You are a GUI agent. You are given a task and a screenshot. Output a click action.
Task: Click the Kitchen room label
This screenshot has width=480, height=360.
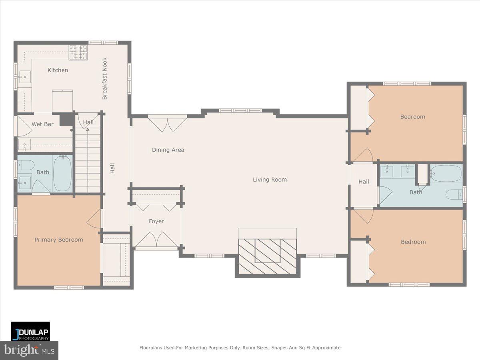[x=58, y=70]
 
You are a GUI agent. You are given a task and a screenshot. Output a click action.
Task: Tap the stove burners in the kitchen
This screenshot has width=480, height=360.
[x=78, y=52]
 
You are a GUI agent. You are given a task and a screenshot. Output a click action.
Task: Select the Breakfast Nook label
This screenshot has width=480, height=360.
[x=105, y=79]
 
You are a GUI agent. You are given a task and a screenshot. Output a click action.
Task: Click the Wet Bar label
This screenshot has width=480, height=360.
[x=42, y=124]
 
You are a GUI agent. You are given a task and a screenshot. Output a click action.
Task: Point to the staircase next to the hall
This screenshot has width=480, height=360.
[x=88, y=160]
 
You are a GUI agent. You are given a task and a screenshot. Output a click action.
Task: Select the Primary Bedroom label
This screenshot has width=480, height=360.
[x=58, y=240]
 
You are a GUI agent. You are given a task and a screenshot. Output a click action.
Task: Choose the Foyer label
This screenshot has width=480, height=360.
[x=156, y=221]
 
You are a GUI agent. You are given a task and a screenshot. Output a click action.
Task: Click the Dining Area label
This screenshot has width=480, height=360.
[x=168, y=150]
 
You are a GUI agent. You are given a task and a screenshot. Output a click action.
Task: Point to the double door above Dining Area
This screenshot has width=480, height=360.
[x=168, y=124]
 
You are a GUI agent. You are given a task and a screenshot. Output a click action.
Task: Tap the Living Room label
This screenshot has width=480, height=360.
[x=270, y=180]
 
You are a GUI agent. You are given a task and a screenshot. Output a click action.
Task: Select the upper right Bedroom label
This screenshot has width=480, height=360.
[x=412, y=117]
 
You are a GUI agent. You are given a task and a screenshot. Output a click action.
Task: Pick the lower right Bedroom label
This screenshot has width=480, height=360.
[x=413, y=242]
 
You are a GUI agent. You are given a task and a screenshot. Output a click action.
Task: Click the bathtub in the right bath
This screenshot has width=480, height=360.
[x=446, y=174]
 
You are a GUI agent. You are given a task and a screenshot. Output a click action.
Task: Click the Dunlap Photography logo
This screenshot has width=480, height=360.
[x=30, y=331]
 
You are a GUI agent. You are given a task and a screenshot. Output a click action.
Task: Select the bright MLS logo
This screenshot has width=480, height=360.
[x=29, y=350]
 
